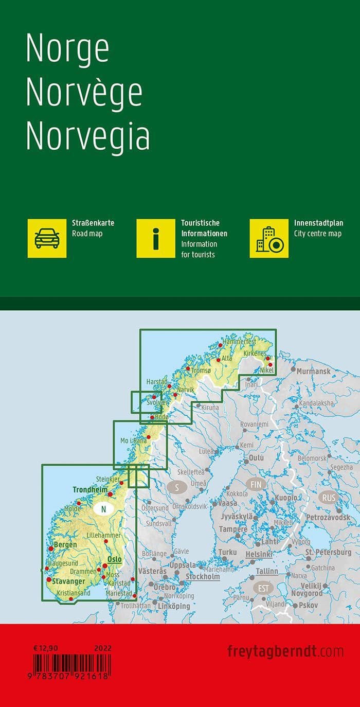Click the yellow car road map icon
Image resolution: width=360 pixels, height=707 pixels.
[x=47, y=238]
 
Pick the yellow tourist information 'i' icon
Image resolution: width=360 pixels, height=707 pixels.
[x=156, y=238]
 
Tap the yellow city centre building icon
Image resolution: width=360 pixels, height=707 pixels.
[x=269, y=238]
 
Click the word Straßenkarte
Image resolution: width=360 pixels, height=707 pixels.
[x=93, y=223]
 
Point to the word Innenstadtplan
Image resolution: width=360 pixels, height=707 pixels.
[x=318, y=223]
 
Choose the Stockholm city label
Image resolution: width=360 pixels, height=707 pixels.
[x=203, y=576]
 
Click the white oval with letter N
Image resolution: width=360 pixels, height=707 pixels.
[x=104, y=509]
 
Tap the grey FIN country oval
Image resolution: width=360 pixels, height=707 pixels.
[x=256, y=484]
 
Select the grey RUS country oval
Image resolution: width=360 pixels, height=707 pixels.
[x=328, y=498]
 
